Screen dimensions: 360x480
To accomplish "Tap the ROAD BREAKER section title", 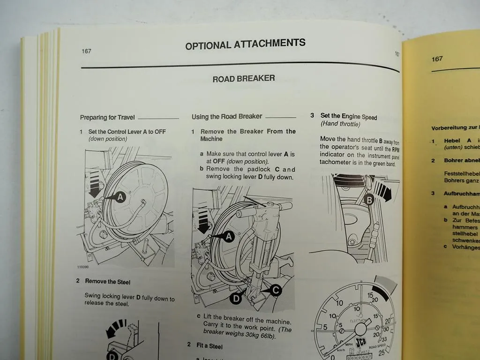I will (244, 78).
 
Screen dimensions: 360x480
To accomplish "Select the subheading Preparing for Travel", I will (107, 118).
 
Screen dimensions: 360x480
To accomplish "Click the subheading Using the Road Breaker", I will (226, 116).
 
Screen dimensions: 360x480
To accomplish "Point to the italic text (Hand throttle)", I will (340, 124).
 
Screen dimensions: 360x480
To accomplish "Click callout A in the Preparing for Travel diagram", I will (120, 198).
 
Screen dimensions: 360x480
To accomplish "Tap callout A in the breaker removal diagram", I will (228, 237).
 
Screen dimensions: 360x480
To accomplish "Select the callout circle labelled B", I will (369, 201).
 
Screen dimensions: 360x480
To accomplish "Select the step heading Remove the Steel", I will (107, 282).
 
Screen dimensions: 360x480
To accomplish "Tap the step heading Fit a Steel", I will (209, 345).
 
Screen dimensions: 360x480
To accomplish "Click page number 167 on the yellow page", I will (437, 59).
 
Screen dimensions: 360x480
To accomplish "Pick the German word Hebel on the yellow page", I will (452, 141).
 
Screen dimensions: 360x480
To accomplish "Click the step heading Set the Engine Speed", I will (348, 116).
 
